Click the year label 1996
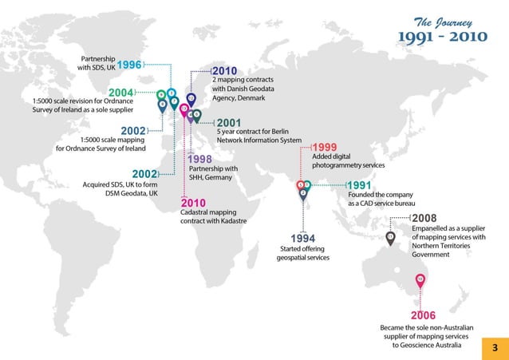coord(129,65)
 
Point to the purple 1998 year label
coord(199,160)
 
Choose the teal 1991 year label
coord(360,186)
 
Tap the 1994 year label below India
coord(302,239)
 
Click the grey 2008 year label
coord(424,218)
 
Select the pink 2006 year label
coord(422,315)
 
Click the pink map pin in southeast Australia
coord(420,280)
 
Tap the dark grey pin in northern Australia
coord(390,238)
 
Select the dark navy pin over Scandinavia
coord(191,100)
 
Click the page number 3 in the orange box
coord(495,347)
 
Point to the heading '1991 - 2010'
coord(442,38)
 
